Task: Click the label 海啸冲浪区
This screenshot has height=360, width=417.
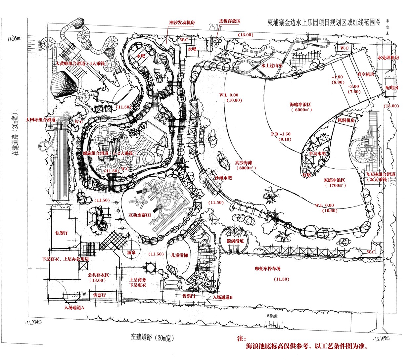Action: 301,105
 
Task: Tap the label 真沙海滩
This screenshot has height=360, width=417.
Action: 244,163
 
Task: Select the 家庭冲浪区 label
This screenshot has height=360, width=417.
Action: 334,180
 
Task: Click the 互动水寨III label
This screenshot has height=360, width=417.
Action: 140,215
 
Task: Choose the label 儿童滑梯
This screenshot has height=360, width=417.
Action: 179,255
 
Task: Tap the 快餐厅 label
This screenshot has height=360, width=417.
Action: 62,233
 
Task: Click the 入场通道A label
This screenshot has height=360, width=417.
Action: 74,307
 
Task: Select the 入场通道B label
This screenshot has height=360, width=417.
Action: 222,297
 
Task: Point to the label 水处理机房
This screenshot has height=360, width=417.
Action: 389,58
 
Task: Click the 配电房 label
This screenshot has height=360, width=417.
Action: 392,88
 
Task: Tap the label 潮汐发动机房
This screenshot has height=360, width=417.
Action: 182,23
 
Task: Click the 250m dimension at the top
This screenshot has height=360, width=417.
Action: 215,27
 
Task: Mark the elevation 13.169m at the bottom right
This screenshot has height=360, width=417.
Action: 384,338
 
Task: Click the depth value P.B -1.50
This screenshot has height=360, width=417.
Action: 281,134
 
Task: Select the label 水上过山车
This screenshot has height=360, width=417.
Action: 272,66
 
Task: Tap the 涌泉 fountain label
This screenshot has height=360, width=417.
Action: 131,252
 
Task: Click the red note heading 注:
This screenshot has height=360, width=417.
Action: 242,339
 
